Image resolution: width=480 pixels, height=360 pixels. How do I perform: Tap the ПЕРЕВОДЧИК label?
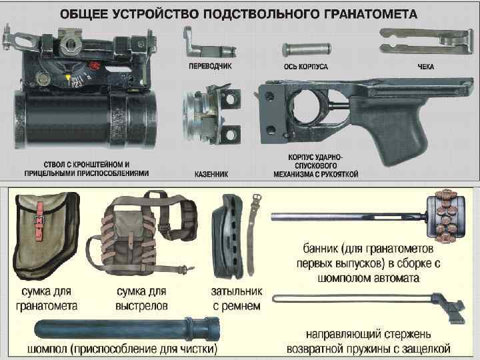click(x=210, y=66)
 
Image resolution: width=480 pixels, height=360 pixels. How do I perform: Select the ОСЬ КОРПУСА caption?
click(x=305, y=67)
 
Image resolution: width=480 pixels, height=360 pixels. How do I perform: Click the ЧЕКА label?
click(x=425, y=67)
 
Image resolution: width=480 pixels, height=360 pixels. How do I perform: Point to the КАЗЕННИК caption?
click(x=211, y=174)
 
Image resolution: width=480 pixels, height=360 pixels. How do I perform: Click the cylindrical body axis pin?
click(x=307, y=49)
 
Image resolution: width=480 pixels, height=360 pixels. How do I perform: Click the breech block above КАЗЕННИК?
click(x=211, y=115)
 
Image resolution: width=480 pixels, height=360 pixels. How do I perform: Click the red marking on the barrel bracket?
click(x=94, y=65)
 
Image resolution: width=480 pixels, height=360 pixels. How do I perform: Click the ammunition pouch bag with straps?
click(x=143, y=233)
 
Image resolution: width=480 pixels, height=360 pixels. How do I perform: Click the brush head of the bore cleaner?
click(x=446, y=216)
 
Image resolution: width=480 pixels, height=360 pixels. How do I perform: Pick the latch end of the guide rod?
click(x=449, y=307)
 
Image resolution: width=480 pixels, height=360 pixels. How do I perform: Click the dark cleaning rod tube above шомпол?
click(x=127, y=329)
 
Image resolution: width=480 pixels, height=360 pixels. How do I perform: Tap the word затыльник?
click(x=237, y=292)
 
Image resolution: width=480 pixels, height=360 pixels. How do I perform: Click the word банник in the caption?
click(x=321, y=249)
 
